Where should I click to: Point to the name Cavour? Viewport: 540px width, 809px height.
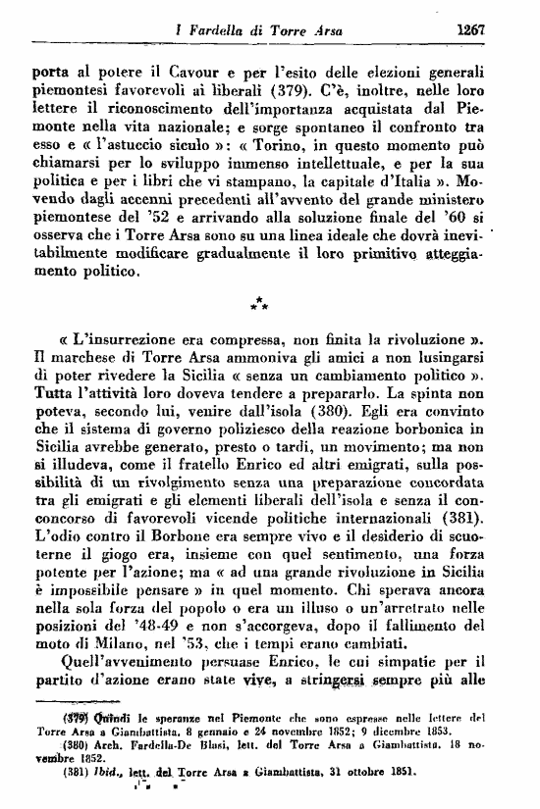tap(187, 71)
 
